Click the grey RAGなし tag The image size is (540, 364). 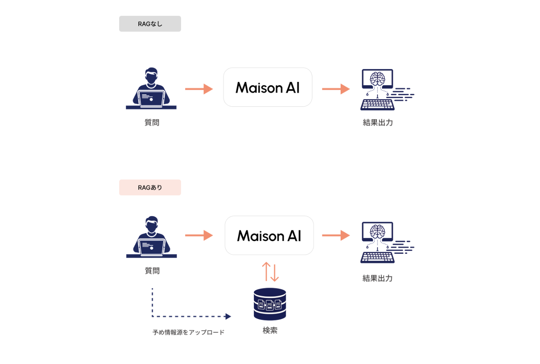pyautogui.click(x=150, y=24)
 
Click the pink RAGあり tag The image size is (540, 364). pyautogui.click(x=150, y=187)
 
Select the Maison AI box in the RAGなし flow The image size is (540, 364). pyautogui.click(x=268, y=87)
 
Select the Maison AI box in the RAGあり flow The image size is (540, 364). pyautogui.click(x=269, y=236)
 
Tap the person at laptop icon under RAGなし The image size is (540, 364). pyautogui.click(x=151, y=89)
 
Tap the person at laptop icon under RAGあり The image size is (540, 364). pyautogui.click(x=152, y=237)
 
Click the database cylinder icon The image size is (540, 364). pyautogui.click(x=270, y=304)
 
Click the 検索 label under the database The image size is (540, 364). pyautogui.click(x=270, y=331)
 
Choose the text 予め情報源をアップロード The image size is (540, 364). pyautogui.click(x=189, y=332)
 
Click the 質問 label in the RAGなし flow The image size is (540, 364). pyautogui.click(x=152, y=123)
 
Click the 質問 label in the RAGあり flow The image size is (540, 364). pyautogui.click(x=152, y=271)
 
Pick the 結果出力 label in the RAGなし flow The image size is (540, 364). pyautogui.click(x=378, y=123)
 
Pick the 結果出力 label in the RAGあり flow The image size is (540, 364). pyautogui.click(x=378, y=278)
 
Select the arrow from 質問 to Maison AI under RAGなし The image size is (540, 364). pyautogui.click(x=199, y=89)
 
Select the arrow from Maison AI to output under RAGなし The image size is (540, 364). pyautogui.click(x=336, y=89)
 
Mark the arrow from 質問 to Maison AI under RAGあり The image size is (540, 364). pyautogui.click(x=199, y=236)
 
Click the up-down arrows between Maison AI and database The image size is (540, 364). pyautogui.click(x=270, y=272)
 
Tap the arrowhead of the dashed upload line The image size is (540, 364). pyautogui.click(x=228, y=317)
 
